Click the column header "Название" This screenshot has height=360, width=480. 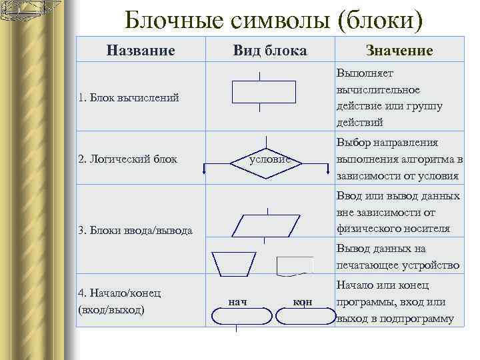[141, 50]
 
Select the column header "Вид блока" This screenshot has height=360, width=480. [270, 51]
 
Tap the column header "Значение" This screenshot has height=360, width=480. [399, 51]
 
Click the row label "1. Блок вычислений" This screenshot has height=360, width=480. [129, 98]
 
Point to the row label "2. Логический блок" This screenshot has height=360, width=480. [127, 159]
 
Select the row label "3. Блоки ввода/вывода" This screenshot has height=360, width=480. [135, 231]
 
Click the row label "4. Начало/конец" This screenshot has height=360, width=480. [119, 293]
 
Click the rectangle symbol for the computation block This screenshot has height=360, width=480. [263, 91]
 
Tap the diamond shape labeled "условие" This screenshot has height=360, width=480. [266, 160]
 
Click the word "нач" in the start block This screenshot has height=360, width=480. [237, 302]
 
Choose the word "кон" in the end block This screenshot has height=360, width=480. [302, 302]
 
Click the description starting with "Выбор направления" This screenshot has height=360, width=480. [399, 159]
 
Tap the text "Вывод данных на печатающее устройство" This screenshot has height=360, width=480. [399, 257]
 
